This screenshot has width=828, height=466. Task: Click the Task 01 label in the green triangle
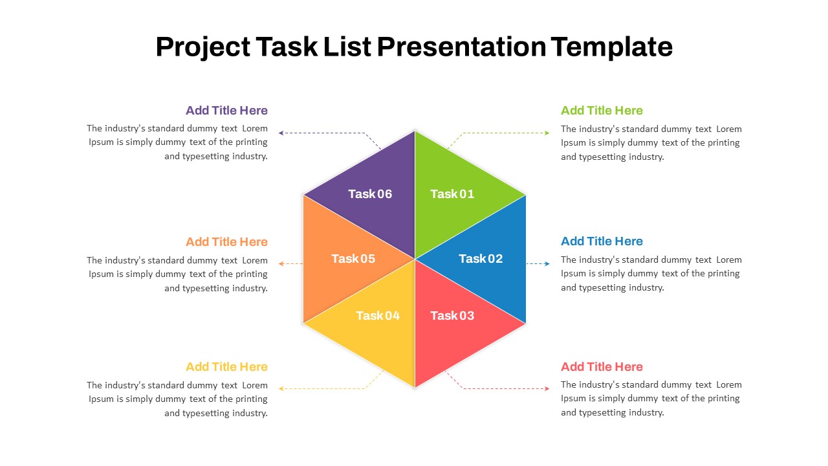(452, 194)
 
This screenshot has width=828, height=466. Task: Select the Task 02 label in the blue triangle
(481, 258)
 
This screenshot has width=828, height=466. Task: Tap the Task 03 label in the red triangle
(452, 315)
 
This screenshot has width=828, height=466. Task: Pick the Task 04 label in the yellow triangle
(378, 315)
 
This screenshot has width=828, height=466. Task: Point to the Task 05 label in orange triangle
(353, 258)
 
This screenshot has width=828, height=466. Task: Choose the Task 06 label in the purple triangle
(370, 194)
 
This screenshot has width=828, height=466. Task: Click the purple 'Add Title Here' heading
(226, 110)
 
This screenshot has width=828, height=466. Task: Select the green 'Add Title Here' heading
(602, 110)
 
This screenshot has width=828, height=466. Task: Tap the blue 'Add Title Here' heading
(602, 241)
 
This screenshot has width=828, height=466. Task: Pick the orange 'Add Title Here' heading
(226, 242)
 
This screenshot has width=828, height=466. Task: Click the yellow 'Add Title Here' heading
(226, 367)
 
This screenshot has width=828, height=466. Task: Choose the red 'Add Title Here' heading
(602, 367)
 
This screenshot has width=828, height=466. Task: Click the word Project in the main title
(203, 47)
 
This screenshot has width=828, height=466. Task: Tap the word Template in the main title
(611, 47)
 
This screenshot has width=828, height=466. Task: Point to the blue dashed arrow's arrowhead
(547, 263)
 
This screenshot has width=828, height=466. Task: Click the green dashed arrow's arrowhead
(547, 133)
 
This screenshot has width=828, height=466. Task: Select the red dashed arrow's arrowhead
(547, 388)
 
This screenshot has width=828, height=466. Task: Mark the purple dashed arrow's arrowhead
(281, 133)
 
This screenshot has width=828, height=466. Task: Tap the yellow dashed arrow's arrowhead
(281, 388)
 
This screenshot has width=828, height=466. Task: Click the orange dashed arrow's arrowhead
(281, 263)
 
